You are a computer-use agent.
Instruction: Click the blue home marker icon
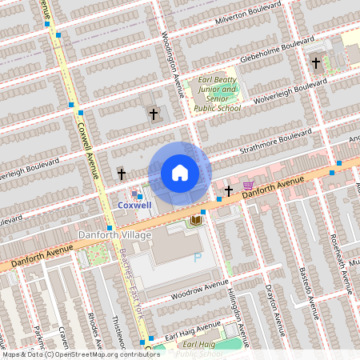coord(180,172)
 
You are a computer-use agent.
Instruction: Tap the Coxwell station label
coord(134,205)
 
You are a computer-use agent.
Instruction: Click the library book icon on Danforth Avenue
coord(195,219)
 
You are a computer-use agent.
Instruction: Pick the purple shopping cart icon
coord(248,186)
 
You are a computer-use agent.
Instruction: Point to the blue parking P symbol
coord(198,258)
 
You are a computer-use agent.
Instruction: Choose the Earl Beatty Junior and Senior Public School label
coord(216,94)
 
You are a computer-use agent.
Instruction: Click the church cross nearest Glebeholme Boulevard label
coord(315,62)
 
